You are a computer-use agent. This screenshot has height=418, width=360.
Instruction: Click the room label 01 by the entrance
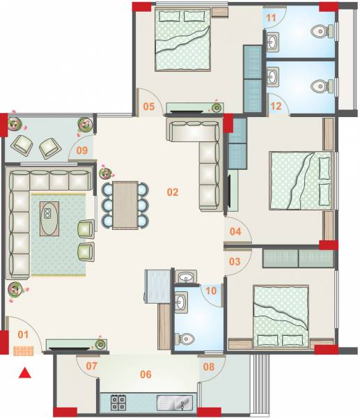22,335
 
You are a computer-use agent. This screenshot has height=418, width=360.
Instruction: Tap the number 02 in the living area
173,192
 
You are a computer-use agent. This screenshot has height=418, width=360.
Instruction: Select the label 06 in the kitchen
145,374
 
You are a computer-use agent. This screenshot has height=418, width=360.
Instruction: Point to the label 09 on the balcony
81,149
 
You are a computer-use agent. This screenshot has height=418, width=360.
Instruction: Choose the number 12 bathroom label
275,106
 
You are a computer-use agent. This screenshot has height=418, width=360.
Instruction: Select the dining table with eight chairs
125,204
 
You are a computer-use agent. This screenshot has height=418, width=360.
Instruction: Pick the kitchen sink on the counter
173,402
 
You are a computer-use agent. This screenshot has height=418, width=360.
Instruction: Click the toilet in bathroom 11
320,31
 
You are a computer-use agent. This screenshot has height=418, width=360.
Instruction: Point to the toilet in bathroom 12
320,86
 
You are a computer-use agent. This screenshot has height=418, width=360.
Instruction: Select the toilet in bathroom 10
185,339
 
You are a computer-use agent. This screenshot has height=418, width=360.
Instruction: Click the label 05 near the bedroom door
149,106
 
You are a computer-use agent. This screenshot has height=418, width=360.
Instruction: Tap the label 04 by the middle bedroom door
235,231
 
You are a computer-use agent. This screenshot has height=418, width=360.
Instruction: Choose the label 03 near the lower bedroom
235,261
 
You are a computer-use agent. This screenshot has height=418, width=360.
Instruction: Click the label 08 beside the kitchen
208,366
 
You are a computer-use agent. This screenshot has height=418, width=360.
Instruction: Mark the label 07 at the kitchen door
91,365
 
